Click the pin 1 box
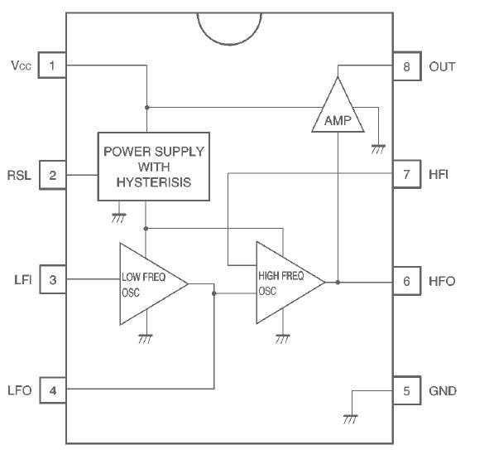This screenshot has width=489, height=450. click(51, 65)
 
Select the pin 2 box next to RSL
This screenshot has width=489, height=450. click(51, 175)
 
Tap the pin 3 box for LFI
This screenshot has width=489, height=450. click(51, 281)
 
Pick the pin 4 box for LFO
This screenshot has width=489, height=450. click(51, 390)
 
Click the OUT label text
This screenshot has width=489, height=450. click(442, 65)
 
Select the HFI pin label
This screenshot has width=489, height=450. click(439, 176)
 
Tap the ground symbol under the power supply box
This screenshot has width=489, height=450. click(117, 217)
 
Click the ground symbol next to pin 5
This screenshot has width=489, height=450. click(351, 419)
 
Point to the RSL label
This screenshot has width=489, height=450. click(20, 176)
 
